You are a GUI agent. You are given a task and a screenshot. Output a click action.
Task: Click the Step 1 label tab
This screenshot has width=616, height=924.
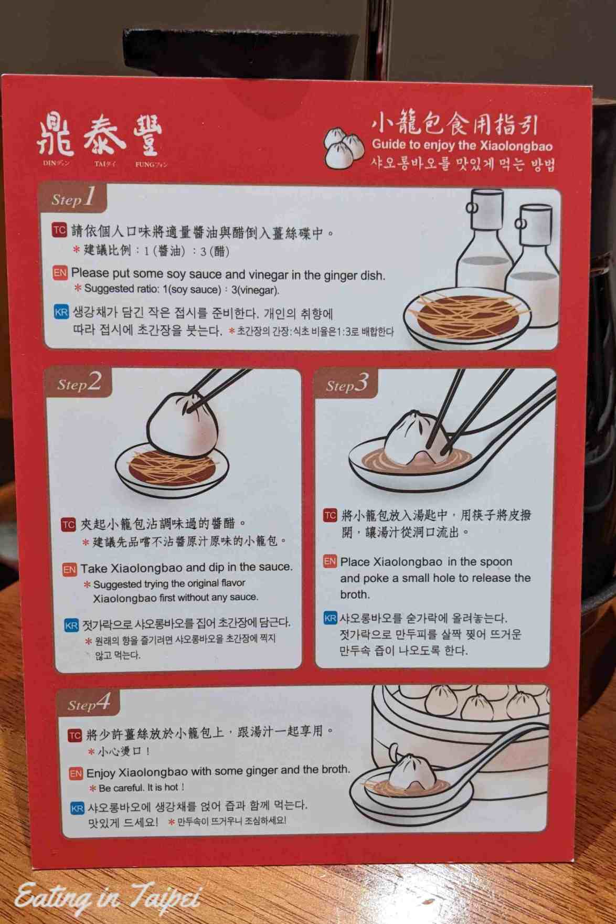pos(72,198)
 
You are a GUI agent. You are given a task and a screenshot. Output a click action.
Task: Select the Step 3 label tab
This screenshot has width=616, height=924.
pos(346,384)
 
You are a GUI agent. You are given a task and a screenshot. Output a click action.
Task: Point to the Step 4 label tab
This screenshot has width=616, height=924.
pos(88,703)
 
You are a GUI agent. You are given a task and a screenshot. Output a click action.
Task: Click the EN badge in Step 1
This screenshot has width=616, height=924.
pos(60,273)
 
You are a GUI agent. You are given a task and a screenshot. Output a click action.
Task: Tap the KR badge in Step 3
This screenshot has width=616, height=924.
pos(330,618)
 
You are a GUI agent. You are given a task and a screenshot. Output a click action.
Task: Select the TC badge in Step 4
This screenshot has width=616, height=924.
pos(75,735)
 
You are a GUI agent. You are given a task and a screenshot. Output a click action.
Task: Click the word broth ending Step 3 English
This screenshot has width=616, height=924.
pos(355,594)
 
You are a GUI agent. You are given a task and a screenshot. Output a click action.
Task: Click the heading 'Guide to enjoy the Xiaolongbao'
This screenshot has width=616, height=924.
pos(462,145)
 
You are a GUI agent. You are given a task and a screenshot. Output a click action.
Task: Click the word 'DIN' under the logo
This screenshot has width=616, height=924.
pos(50,163)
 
